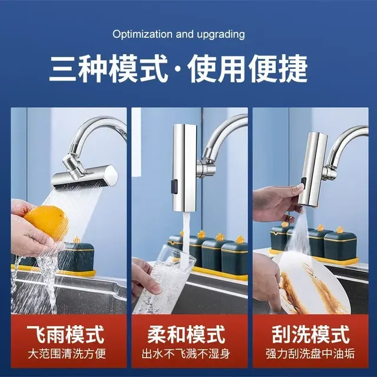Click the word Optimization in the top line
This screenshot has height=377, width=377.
pyautogui.click(x=143, y=34)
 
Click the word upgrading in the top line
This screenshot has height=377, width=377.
pyautogui.click(x=221, y=35)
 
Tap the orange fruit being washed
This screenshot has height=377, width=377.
pyautogui.click(x=46, y=223)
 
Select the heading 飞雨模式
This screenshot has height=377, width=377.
pyautogui.click(x=65, y=335)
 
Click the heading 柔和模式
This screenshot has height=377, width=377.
pyautogui.click(x=186, y=335)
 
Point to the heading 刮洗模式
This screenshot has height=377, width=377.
pyautogui.click(x=310, y=335)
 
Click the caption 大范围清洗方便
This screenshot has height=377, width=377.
pyautogui.click(x=67, y=353)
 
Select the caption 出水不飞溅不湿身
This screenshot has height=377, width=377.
pyautogui.click(x=186, y=353)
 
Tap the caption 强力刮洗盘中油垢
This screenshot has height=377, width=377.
pyautogui.click(x=310, y=353)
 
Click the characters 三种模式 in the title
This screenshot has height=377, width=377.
pyautogui.click(x=108, y=68)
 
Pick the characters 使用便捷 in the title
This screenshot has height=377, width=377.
pyautogui.click(x=247, y=68)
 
